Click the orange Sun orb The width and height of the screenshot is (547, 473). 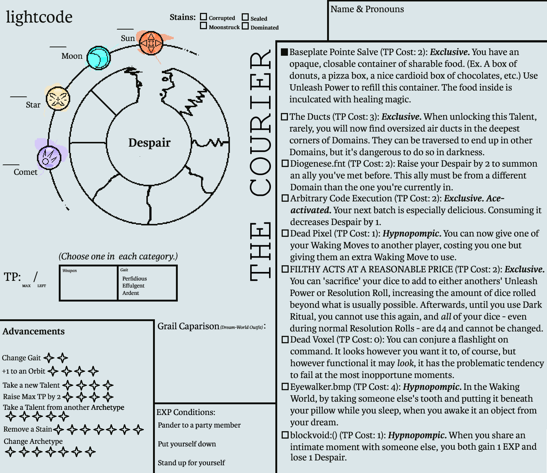point(151,43)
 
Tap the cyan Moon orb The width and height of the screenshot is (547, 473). point(98,58)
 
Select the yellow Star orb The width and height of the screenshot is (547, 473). point(58,98)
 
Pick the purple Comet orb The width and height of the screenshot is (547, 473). point(49,158)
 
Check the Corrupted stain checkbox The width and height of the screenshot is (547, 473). point(203,17)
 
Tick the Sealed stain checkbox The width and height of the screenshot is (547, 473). point(245,17)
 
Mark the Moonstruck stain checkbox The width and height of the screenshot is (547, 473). point(203,25)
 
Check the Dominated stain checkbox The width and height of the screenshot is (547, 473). point(245,26)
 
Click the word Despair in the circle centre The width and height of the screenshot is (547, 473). point(150,143)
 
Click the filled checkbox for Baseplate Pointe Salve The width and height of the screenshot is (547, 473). point(284,52)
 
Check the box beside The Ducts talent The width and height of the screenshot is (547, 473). point(285,117)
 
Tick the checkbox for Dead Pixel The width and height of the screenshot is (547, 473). point(285,233)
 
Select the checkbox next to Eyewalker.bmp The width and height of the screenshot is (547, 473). point(285,387)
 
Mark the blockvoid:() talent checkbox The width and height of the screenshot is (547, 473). point(285,435)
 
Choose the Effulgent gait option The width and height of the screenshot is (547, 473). point(133,285)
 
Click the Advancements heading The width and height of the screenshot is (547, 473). point(34,331)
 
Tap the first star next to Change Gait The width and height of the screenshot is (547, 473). point(49,358)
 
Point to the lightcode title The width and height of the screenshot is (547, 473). point(39,17)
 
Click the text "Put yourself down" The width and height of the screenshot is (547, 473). point(187,444)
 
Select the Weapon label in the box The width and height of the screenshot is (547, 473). point(69,270)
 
